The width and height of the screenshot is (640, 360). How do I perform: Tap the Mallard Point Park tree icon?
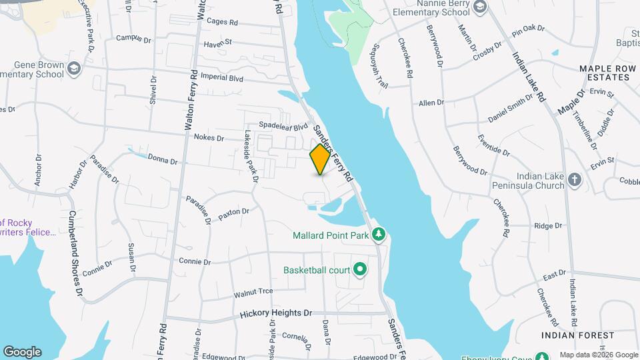click(379, 235)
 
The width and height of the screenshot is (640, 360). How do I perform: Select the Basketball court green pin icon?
click(361, 270)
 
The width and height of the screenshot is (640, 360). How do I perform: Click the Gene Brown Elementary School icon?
click(73, 69)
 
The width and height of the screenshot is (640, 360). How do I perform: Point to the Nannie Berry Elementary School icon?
click(479, 7)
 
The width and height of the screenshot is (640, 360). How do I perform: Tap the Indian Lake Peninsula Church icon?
click(575, 180)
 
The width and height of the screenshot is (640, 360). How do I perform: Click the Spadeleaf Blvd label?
click(283, 125)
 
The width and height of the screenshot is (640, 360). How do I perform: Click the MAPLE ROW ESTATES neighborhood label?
click(604, 73)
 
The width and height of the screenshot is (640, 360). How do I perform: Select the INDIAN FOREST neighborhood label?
click(577, 335)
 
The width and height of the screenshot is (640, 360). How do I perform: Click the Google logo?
click(22, 352)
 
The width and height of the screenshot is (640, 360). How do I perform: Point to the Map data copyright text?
click(598, 355)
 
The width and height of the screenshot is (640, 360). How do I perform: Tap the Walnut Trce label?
click(253, 292)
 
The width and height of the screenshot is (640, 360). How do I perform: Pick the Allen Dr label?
click(431, 103)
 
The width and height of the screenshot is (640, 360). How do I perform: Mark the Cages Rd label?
click(222, 22)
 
